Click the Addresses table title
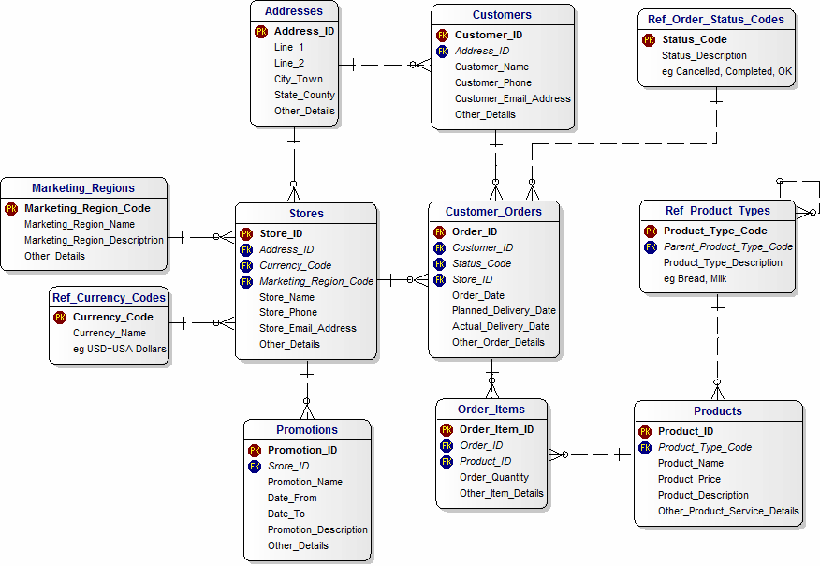pyautogui.click(x=293, y=11)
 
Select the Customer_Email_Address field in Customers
pyautogui.click(x=512, y=98)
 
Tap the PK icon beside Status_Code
pyautogui.click(x=649, y=39)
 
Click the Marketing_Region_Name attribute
pyautogui.click(x=80, y=224)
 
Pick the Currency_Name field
pyautogui.click(x=110, y=333)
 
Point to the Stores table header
pyautogui.click(x=306, y=214)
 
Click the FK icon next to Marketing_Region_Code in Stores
pyautogui.click(x=246, y=281)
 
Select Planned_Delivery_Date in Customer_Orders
pyautogui.click(x=504, y=310)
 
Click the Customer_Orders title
pyautogui.click(x=493, y=212)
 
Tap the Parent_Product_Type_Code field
pyautogui.click(x=727, y=246)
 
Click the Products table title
pyautogui.click(x=718, y=411)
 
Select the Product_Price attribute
pyautogui.click(x=689, y=479)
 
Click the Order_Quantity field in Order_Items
pyautogui.click(x=493, y=477)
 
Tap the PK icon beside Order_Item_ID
pyautogui.click(x=447, y=429)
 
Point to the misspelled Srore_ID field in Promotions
pyautogui.click(x=288, y=466)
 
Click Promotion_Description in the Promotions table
pyautogui.click(x=317, y=529)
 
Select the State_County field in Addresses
pyautogui.click(x=304, y=95)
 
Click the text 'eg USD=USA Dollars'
pyautogui.click(x=119, y=349)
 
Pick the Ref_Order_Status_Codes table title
pyautogui.click(x=716, y=20)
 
